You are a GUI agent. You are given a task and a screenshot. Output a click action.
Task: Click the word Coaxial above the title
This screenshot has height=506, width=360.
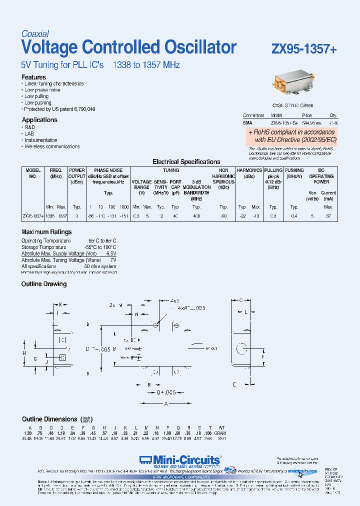(x=35, y=34)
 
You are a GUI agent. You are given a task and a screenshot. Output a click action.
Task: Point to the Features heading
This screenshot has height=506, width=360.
(x=33, y=77)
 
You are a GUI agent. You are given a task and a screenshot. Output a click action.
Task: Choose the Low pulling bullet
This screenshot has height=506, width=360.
(x=37, y=96)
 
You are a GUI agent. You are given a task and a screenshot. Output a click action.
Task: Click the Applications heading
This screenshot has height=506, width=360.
(x=39, y=120)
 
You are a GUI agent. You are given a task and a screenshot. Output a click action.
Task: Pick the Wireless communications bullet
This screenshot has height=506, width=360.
(x=52, y=146)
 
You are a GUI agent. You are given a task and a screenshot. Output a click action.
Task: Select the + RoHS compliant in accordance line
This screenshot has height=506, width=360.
(x=293, y=132)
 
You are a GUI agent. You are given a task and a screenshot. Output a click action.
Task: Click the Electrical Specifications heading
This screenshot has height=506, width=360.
(x=186, y=162)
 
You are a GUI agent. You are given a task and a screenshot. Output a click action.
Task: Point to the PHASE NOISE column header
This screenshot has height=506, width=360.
(x=108, y=170)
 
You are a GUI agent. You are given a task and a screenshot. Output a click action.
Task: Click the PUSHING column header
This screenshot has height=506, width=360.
(x=294, y=170)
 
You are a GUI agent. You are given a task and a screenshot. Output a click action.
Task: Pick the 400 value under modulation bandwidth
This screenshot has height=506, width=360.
(x=196, y=216)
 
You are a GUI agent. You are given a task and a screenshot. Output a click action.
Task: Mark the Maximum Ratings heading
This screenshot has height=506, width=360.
(x=46, y=232)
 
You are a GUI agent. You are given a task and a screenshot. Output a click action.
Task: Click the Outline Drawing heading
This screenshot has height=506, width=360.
(x=44, y=284)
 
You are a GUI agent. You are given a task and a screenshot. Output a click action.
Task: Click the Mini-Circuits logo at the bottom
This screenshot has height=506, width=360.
(x=180, y=460)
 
